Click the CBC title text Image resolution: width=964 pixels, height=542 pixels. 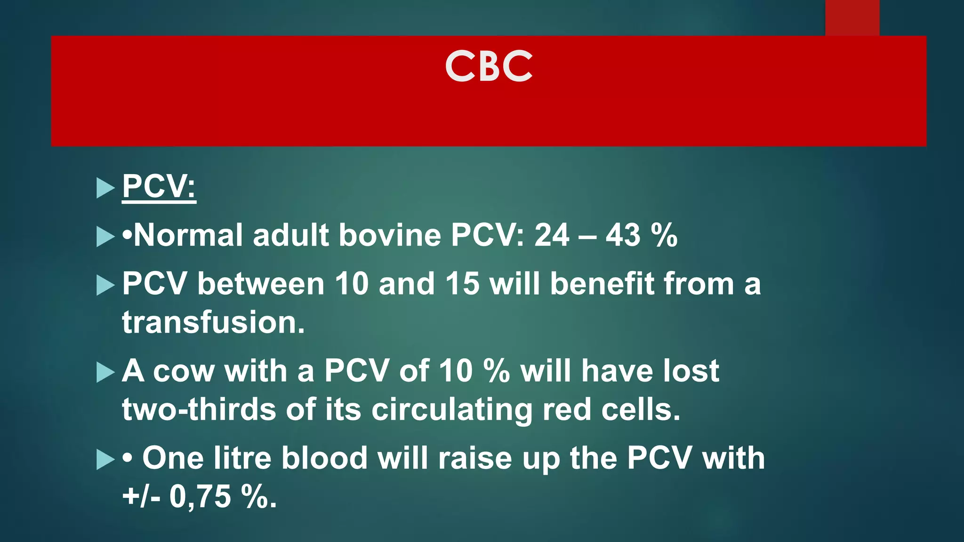pyautogui.click(x=489, y=66)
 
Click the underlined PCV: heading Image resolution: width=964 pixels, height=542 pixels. pyautogui.click(x=159, y=187)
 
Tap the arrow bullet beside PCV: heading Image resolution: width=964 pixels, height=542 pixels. pyautogui.click(x=105, y=188)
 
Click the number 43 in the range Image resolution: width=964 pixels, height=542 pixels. pyautogui.click(x=623, y=235)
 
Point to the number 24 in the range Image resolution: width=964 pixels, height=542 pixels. pyautogui.click(x=552, y=235)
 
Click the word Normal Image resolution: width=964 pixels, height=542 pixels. pyautogui.click(x=188, y=235)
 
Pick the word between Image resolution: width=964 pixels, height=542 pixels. pyautogui.click(x=261, y=284)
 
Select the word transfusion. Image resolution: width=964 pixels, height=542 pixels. pyautogui.click(x=213, y=323)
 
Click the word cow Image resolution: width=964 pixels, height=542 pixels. pyautogui.click(x=183, y=371)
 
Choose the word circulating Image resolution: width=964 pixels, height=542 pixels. pyautogui.click(x=451, y=410)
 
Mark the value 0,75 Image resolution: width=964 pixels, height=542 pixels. pyautogui.click(x=200, y=497)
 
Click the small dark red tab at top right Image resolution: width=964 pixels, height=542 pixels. pyautogui.click(x=852, y=18)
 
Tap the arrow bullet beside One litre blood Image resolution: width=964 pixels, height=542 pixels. pyautogui.click(x=105, y=459)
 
